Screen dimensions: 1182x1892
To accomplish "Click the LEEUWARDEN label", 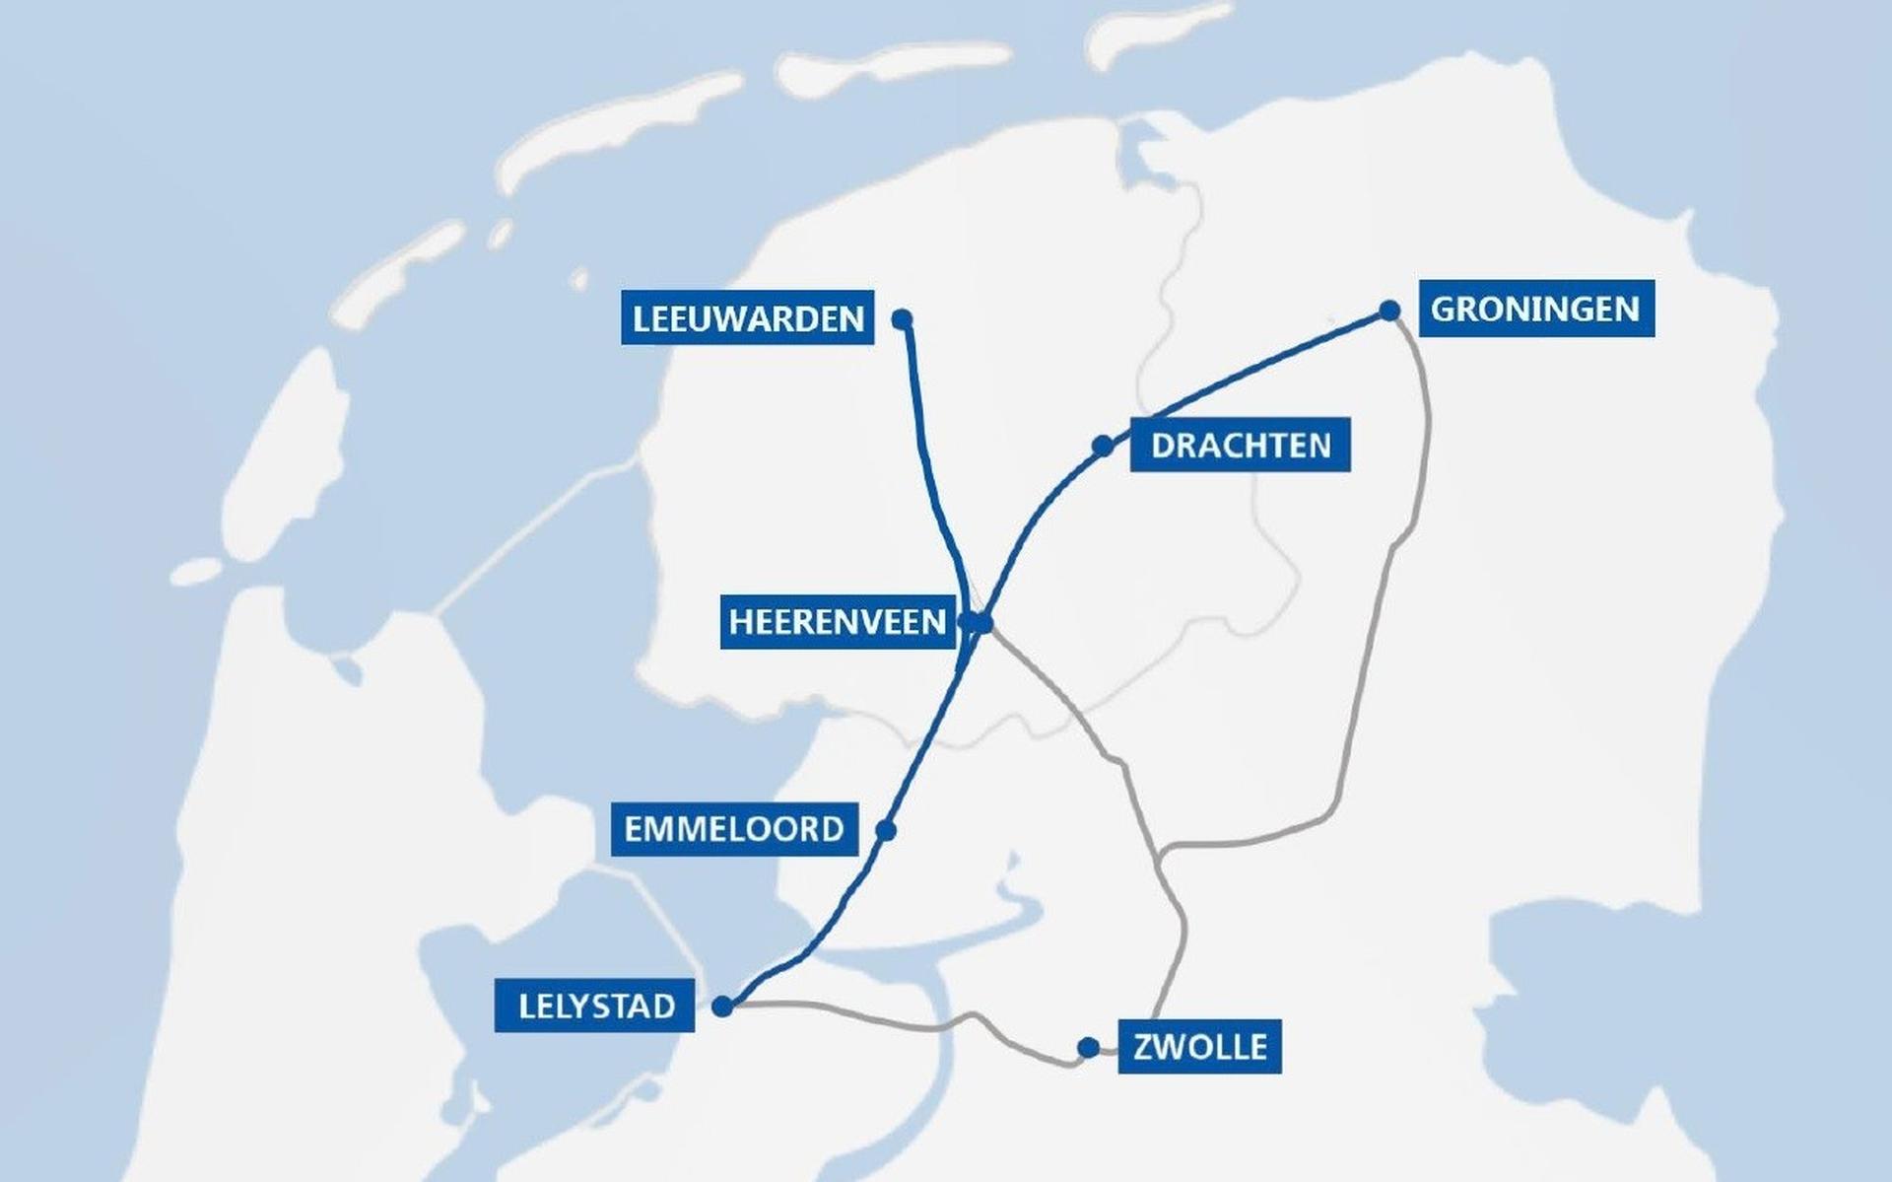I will pyautogui.click(x=747, y=317).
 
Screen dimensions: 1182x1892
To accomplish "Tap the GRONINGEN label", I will pyautogui.click(x=1535, y=309).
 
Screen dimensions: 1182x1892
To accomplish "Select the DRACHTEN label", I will pyautogui.click(x=1240, y=445).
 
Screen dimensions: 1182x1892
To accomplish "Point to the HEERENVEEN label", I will pyautogui.click(x=838, y=621).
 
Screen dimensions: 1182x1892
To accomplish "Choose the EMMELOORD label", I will pyautogui.click(x=734, y=828).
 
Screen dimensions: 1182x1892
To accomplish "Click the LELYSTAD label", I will pyautogui.click(x=594, y=1006).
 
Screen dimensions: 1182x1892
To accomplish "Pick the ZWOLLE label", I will pyautogui.click(x=1199, y=1046).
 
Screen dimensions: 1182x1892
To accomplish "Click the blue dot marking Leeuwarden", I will pyautogui.click(x=902, y=318).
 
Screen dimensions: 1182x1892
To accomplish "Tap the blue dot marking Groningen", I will pyautogui.click(x=1389, y=311).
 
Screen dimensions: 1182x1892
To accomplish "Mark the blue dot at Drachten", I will pyautogui.click(x=1103, y=446).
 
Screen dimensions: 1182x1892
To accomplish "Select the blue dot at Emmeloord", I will pyautogui.click(x=885, y=830).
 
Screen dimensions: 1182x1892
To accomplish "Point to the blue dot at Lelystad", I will pyautogui.click(x=722, y=1007).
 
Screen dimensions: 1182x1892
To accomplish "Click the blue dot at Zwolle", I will pyautogui.click(x=1088, y=1047).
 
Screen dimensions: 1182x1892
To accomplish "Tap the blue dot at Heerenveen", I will pyautogui.click(x=982, y=622).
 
